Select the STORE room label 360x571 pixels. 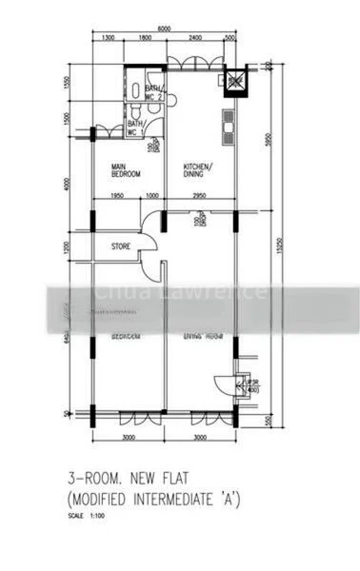pyautogui.click(x=120, y=246)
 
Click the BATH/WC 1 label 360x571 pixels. pyautogui.click(x=135, y=127)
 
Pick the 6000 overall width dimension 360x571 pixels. pyautogui.click(x=163, y=29)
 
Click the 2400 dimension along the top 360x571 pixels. pyautogui.click(x=194, y=37)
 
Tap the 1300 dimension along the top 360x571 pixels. pyautogui.click(x=107, y=37)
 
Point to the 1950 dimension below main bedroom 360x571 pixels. pyautogui.click(x=117, y=196)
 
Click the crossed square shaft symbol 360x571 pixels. pyautogui.click(x=234, y=81)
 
